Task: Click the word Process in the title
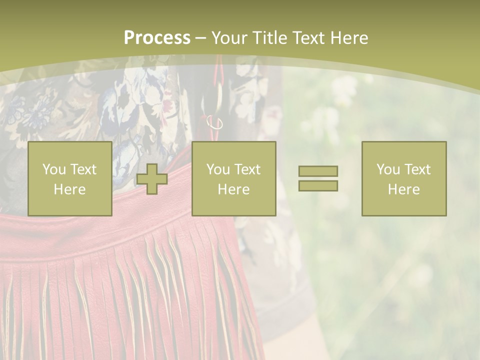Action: point(157,38)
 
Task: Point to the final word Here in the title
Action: point(350,38)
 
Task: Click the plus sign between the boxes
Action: point(152,179)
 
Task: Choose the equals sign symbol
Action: point(318,178)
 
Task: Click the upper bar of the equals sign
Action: point(318,171)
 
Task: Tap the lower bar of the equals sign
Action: point(318,186)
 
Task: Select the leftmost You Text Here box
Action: point(69,179)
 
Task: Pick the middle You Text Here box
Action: point(233,179)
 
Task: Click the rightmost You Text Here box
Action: point(403,179)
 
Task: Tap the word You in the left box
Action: point(54,169)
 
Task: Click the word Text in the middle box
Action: point(247,169)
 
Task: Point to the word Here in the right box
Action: point(403,189)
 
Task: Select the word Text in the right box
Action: point(417,169)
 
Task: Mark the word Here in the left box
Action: point(69,189)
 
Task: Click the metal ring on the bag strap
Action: point(215,123)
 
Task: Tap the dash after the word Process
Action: point(200,38)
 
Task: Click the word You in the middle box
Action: point(218,169)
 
